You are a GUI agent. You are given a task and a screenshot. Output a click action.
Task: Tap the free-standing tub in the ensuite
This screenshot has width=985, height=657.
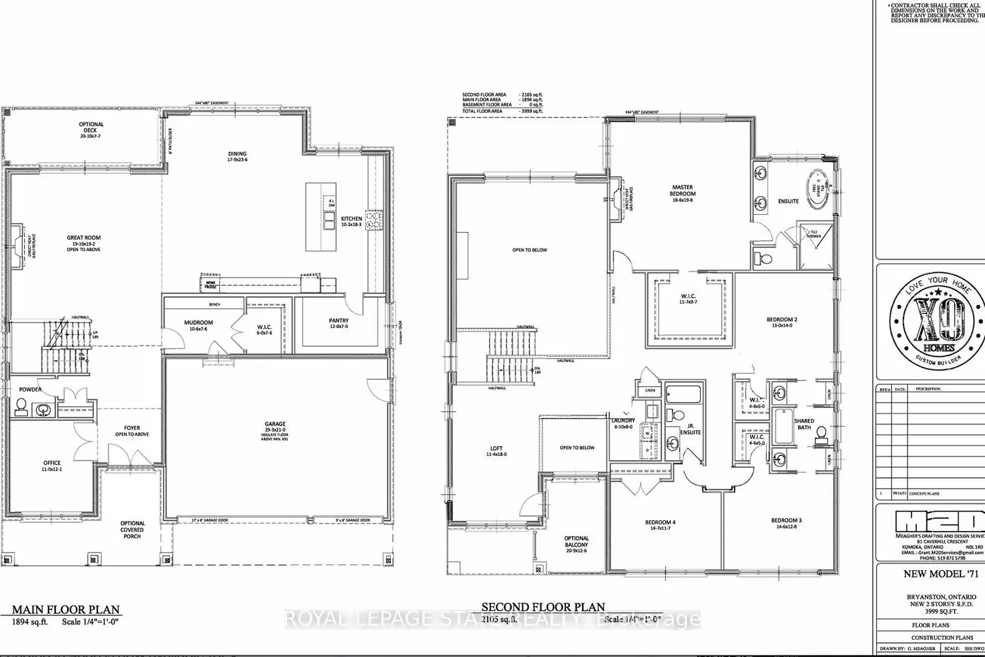pyautogui.click(x=818, y=189)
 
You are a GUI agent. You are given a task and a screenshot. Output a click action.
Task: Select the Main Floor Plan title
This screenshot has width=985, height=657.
pyautogui.click(x=66, y=610)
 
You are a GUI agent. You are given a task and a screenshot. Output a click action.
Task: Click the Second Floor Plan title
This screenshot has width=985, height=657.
pyautogui.click(x=543, y=607)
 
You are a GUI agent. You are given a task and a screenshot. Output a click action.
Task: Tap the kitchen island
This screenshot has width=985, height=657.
pyautogui.click(x=320, y=217)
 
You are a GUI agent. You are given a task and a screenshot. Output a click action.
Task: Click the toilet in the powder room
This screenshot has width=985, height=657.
pyautogui.click(x=21, y=407)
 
